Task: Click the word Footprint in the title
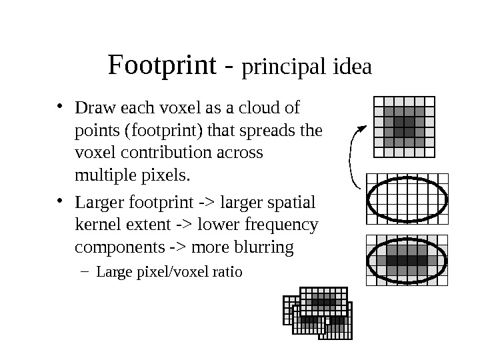[x=162, y=66]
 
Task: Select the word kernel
[x=99, y=224]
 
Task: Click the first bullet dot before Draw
[x=60, y=106]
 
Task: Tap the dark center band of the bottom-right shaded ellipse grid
[x=407, y=260]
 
